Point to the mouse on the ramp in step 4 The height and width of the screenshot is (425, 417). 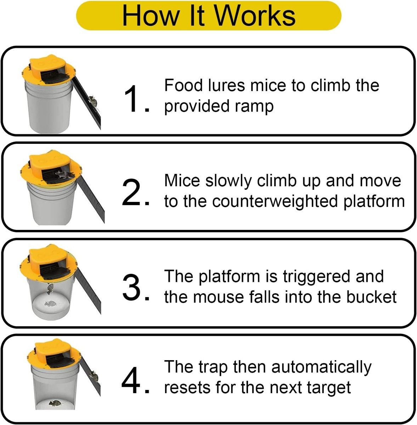pos(94,377)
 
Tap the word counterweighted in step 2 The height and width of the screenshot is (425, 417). pos(275,201)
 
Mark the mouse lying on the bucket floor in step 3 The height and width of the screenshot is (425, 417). pos(50,304)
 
